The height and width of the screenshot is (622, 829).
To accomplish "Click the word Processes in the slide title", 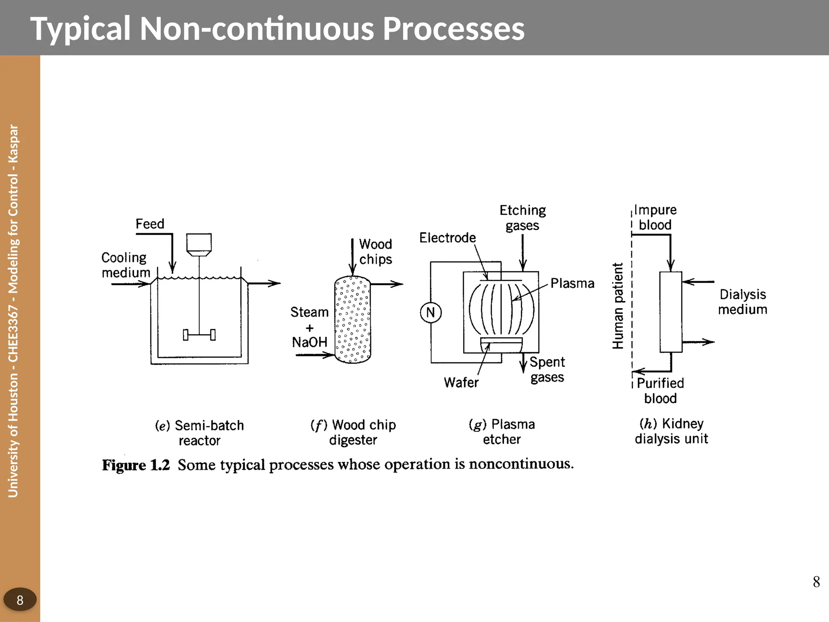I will click(453, 29).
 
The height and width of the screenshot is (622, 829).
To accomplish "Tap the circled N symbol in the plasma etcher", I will click(430, 313).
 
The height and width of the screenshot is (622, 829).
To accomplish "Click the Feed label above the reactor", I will click(150, 224).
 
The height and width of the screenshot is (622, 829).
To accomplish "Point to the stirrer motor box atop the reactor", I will click(199, 243).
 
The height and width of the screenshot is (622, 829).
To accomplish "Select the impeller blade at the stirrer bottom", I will click(199, 335).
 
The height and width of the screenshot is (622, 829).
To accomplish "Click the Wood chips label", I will click(376, 251).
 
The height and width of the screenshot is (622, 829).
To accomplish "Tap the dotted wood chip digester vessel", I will click(353, 320).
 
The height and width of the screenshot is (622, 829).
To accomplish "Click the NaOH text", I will click(310, 343).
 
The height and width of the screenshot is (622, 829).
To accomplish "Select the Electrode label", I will click(447, 238).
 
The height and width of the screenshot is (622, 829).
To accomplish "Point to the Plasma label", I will click(572, 283).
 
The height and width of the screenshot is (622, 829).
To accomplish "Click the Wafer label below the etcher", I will click(461, 382).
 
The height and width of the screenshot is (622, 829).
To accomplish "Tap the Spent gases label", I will click(547, 369).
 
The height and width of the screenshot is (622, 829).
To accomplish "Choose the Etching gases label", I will click(523, 217).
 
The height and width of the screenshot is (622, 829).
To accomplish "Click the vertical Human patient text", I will click(618, 306).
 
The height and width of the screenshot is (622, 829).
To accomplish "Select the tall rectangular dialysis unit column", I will click(671, 312).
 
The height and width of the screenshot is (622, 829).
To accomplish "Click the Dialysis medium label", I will click(742, 302).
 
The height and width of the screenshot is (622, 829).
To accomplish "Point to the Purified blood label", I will click(660, 390).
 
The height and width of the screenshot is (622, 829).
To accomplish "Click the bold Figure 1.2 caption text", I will click(136, 465).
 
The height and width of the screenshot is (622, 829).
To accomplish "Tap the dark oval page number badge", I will click(20, 600).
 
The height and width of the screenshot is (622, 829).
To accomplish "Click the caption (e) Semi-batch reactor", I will click(200, 432).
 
